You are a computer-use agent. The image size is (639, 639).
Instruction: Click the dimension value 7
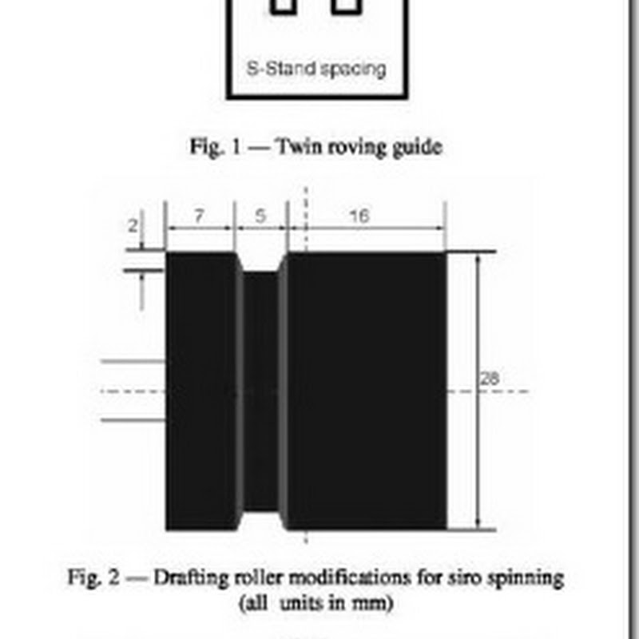(x=200, y=216)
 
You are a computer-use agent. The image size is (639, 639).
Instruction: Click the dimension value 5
(x=260, y=216)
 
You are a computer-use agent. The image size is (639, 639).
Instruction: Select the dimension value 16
(x=359, y=216)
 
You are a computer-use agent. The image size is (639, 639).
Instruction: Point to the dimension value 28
(x=490, y=379)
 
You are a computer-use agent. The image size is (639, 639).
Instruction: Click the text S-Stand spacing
(x=316, y=69)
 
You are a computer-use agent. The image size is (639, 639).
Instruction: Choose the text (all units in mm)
(x=316, y=603)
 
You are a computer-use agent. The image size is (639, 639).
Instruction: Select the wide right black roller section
(x=366, y=391)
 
